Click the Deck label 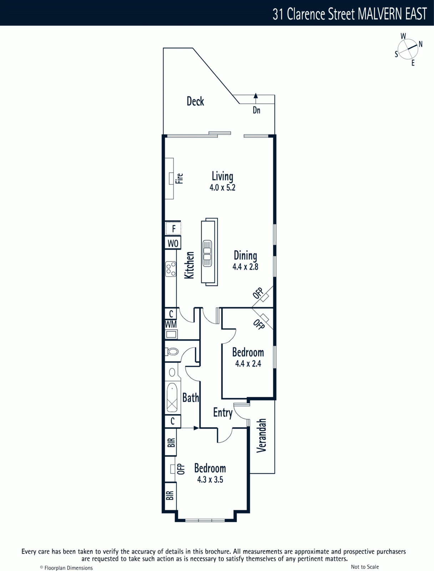tap(195, 101)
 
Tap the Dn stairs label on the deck tap(256, 110)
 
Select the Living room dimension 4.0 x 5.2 tap(222, 188)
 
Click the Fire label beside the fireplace tap(180, 178)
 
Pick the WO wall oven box tap(173, 243)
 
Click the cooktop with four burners tap(171, 269)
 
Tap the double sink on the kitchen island tap(207, 253)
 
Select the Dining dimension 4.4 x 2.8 tap(245, 267)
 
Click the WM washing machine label tap(171, 324)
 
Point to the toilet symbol tap(172, 352)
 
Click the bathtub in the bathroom tap(172, 398)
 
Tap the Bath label tap(191, 398)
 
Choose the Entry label tap(223, 413)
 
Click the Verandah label tap(261, 435)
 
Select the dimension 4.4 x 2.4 tap(248, 364)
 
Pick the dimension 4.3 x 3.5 tap(210, 480)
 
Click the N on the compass tap(420, 44)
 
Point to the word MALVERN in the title tap(380, 14)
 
